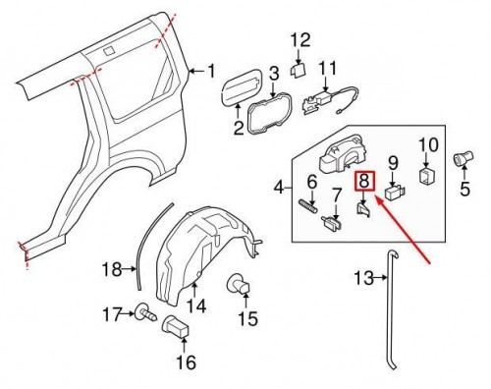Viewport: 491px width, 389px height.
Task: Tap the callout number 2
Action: [x=239, y=128]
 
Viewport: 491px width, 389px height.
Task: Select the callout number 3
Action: [x=274, y=72]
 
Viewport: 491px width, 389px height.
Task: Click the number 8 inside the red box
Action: [x=364, y=180]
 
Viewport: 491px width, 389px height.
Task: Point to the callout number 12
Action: [x=300, y=40]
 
